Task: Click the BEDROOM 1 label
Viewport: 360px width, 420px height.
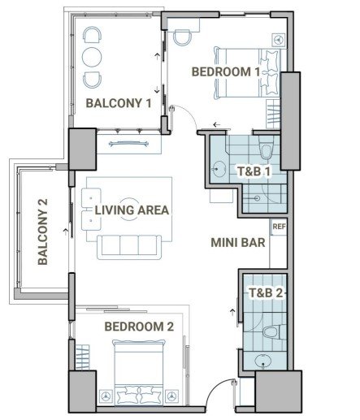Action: [x=226, y=71]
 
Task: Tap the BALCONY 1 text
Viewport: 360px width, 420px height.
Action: [x=119, y=103]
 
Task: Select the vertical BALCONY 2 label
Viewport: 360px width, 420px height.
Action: [x=43, y=232]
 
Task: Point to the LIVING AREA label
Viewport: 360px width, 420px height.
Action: [x=132, y=210]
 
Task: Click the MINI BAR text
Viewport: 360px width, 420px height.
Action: [x=238, y=243]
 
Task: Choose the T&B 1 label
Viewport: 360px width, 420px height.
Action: [x=254, y=171]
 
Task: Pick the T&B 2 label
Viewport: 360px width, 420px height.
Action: [x=266, y=292]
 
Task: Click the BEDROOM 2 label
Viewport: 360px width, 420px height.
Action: [x=139, y=327]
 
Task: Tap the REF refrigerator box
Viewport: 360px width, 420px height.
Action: [x=279, y=227]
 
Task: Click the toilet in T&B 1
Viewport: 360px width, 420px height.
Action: [x=267, y=148]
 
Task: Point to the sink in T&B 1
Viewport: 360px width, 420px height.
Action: [x=218, y=169]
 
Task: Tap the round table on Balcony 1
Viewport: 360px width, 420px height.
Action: [x=92, y=57]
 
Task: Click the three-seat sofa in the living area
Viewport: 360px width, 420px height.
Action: [x=129, y=247]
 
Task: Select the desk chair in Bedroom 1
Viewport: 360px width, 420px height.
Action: [x=182, y=37]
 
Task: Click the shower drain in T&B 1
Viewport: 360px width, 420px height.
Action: [x=258, y=198]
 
